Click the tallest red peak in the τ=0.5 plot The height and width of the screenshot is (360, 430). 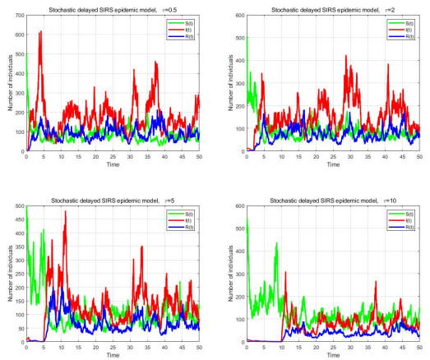tap(40, 32)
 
